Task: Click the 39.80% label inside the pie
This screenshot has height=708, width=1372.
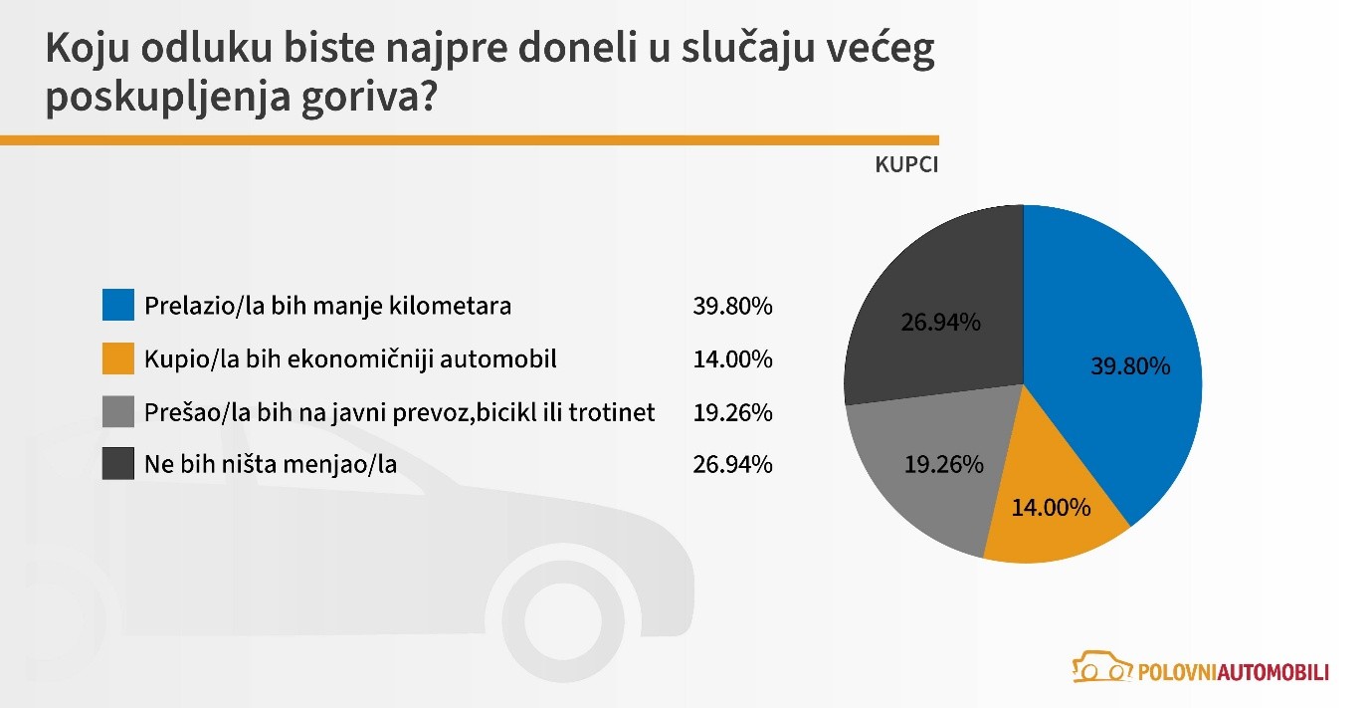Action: (x=1130, y=366)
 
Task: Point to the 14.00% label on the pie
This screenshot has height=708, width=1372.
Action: (x=1051, y=508)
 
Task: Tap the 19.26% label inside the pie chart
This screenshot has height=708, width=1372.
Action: (x=943, y=464)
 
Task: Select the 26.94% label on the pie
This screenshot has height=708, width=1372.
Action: (x=940, y=323)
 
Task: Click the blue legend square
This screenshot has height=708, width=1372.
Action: (x=117, y=306)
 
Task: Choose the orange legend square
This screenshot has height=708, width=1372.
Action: (x=117, y=358)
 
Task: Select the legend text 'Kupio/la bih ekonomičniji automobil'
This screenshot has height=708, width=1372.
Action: (x=350, y=358)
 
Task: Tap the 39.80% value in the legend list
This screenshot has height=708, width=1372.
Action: (x=732, y=306)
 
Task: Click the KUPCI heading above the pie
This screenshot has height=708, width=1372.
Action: (x=906, y=165)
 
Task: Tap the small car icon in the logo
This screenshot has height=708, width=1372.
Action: (x=1101, y=666)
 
